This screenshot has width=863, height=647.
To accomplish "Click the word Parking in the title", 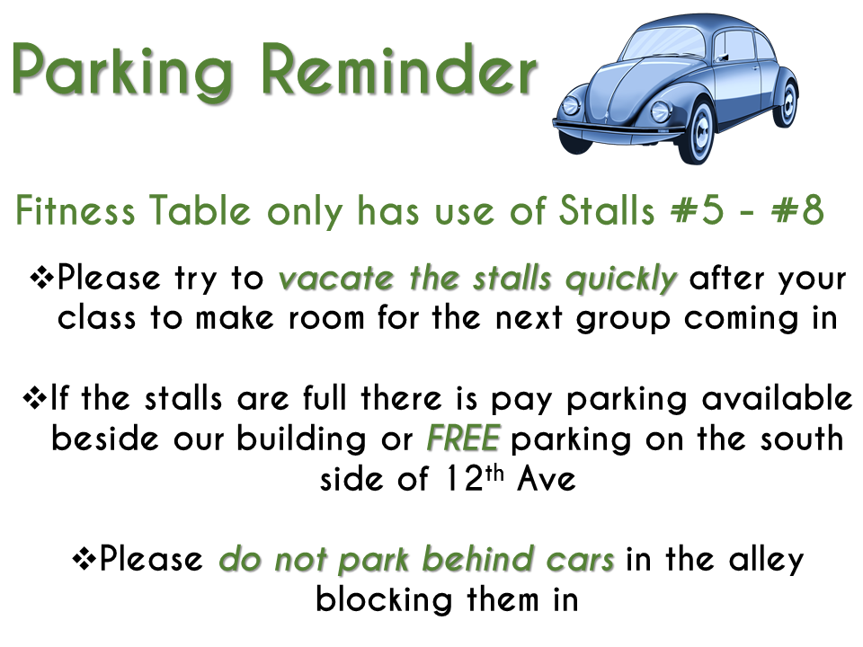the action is [x=122, y=72].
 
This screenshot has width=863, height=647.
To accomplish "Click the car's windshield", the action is [x=663, y=43].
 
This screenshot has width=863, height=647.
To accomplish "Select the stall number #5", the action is [x=698, y=210].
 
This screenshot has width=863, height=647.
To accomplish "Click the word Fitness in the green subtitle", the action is [x=75, y=210].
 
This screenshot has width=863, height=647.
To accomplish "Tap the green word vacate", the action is [x=336, y=279].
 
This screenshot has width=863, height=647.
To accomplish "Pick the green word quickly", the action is [x=621, y=279].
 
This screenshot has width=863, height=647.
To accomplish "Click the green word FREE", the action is [x=463, y=438].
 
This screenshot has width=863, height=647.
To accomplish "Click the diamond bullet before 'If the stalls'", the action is [x=36, y=397].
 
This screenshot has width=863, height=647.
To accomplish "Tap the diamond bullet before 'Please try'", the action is [x=42, y=277].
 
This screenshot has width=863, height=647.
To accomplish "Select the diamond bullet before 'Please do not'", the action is [x=85, y=558].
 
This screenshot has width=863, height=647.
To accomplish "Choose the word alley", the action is [x=767, y=560].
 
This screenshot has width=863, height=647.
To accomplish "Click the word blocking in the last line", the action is [x=384, y=599].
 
